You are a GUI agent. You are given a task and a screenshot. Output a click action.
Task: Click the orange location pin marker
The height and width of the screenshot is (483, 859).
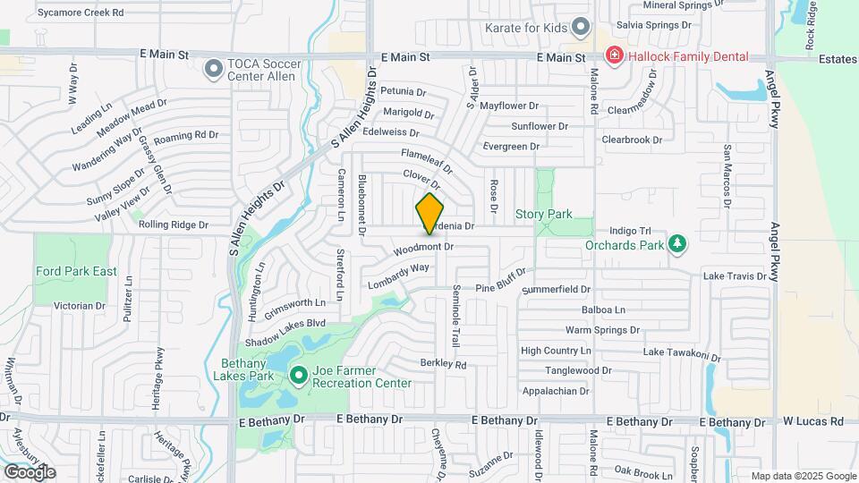click(429, 213)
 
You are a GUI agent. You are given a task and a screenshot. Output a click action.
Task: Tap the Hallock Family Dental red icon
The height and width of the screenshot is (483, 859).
click(614, 56)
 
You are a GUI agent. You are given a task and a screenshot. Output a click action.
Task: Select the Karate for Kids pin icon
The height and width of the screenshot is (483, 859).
click(582, 27)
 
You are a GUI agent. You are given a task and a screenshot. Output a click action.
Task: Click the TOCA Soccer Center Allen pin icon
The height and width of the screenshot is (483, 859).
click(213, 68)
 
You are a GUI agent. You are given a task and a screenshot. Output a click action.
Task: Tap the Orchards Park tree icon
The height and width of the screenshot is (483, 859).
click(678, 243)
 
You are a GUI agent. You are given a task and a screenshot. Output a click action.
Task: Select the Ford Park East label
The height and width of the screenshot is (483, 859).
click(76, 271)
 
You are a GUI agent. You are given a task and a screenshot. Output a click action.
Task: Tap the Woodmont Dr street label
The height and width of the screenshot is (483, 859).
click(423, 247)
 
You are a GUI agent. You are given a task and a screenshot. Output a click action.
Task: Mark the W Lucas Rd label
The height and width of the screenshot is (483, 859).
click(813, 421)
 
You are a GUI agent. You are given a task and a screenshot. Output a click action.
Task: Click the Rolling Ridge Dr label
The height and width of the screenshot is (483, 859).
click(173, 225)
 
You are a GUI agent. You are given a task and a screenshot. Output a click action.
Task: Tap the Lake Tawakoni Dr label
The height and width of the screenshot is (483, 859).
click(682, 354)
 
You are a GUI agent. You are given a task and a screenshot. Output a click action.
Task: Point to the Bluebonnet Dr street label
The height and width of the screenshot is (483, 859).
click(362, 205)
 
